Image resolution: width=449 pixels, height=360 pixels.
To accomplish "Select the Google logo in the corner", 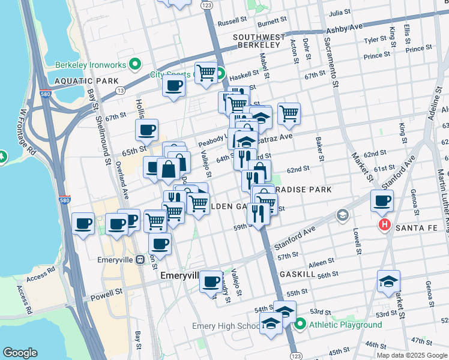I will pyautogui.click(x=20, y=353).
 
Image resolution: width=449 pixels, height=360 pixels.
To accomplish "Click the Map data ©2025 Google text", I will pyautogui.click(x=412, y=355).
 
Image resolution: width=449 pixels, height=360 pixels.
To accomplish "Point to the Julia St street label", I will pyautogui.click(x=340, y=12).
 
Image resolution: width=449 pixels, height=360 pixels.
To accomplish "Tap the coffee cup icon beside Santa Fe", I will pyautogui.click(x=382, y=200).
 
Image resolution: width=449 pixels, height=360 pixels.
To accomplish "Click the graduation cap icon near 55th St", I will pyautogui.click(x=388, y=281).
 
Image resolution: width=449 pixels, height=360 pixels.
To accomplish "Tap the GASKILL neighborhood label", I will pyautogui.click(x=297, y=273).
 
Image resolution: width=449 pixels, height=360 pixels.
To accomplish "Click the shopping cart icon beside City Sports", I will pyautogui.click(x=206, y=73).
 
